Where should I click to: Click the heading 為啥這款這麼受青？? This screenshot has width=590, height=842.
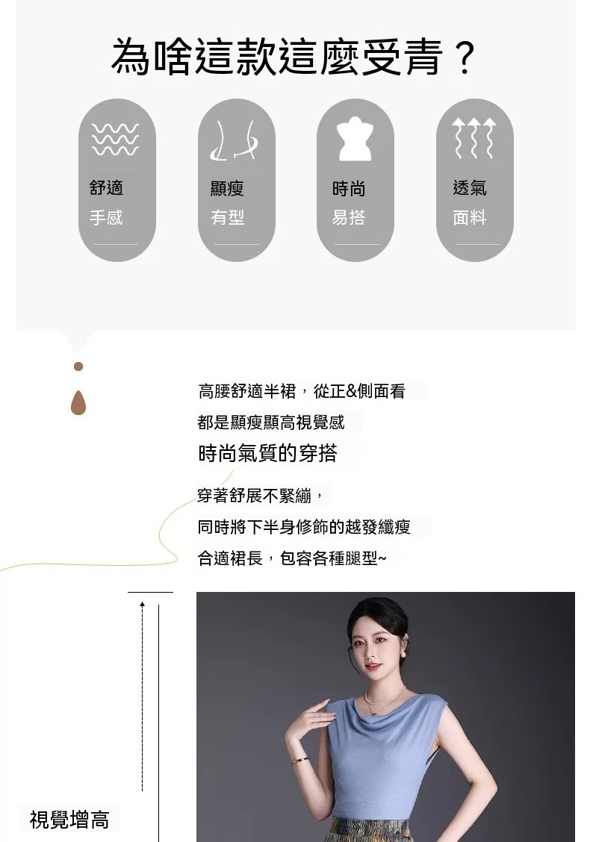tap(294, 57)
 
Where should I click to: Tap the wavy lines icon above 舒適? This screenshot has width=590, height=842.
tap(115, 139)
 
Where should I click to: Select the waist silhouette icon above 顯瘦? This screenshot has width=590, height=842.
tap(235, 140)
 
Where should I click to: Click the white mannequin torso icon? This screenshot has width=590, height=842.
tap(355, 139)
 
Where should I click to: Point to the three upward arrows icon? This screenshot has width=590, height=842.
tap(473, 139)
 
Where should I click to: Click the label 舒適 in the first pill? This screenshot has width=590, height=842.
tap(106, 187)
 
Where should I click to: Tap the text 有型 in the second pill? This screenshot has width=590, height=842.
tap(228, 217)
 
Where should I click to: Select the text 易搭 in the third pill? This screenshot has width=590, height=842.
tap(349, 217)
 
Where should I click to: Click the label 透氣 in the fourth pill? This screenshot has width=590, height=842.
tap(470, 187)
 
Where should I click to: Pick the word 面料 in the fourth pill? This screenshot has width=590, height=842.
tap(470, 217)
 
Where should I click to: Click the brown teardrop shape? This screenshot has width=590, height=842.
tap(78, 403)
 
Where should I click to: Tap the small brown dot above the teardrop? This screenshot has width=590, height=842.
tap(78, 367)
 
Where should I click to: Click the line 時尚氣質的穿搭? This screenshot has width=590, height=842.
tap(267, 454)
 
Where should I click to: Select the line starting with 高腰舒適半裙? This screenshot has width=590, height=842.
tap(302, 391)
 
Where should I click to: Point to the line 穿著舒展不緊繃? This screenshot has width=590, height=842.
tap(260, 495)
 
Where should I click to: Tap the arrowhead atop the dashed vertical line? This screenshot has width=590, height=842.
tap(143, 605)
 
